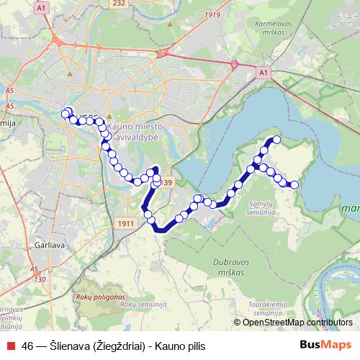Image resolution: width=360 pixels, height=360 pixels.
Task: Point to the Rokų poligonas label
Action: (101, 297)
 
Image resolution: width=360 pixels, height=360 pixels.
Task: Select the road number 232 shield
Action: (118, 4)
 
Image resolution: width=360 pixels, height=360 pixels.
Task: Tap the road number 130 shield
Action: (40, 279)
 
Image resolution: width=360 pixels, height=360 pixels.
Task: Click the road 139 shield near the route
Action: (166, 183)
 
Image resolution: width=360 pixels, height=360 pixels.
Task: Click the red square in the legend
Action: (12, 345)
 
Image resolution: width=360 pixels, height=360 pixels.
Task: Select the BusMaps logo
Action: (326, 344)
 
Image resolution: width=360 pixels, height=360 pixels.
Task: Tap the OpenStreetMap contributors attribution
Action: (292, 323)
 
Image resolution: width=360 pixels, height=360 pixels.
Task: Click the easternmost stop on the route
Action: (294, 185)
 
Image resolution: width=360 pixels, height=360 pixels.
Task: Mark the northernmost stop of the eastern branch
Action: (276, 140)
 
